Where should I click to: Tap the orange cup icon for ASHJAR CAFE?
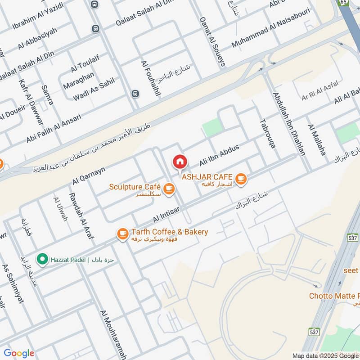tap(241, 179)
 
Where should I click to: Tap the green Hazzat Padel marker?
tap(42, 260)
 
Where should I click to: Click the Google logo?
tap(19, 353)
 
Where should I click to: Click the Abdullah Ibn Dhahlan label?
tap(288, 124)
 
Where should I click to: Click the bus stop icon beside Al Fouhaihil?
tap(135, 94)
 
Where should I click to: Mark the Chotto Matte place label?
tap(334, 296)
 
